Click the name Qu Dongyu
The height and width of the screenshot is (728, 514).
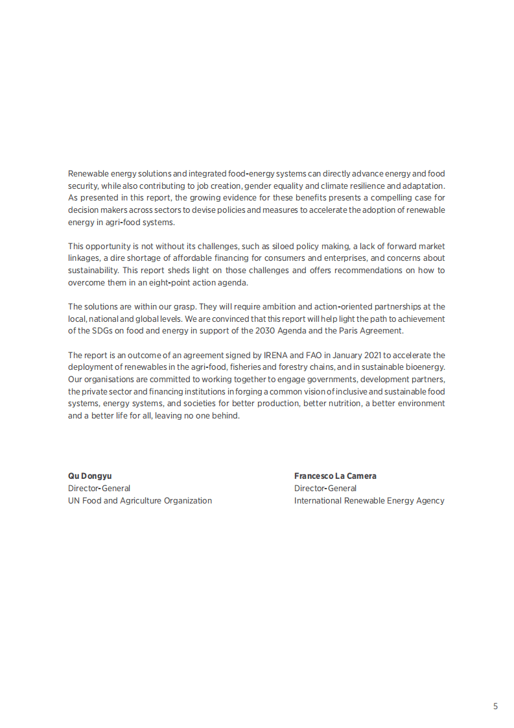tap(89, 476)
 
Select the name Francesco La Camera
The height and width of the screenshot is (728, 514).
tap(335, 476)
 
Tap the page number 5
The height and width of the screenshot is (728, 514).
tap(495, 706)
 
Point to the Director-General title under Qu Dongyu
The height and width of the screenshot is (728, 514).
tap(99, 488)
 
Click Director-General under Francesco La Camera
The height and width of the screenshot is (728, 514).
tap(325, 488)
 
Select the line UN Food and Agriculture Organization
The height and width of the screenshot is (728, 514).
tap(140, 500)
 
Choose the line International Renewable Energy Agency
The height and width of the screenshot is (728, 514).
tap(369, 500)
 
